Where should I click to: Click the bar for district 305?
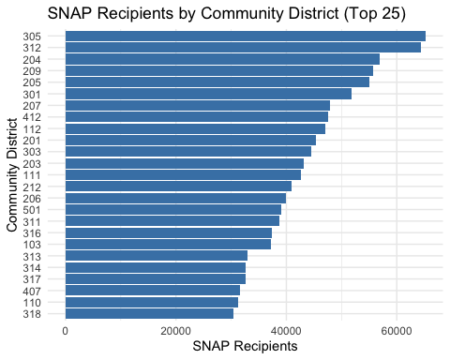coord(245,36)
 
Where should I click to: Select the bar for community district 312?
coord(243,47)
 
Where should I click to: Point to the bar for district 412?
coord(197,117)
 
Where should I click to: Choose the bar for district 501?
coord(173,209)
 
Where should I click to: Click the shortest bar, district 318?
coord(149,313)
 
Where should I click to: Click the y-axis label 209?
coord(31,70)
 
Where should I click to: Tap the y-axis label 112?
coord(31,128)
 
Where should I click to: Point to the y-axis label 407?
coord(31,291)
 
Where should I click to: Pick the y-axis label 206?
coord(31,198)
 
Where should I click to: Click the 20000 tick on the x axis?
coord(176,331)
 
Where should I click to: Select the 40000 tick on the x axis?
coord(286,331)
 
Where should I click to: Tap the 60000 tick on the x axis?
coord(397,331)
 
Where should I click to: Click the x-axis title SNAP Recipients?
coord(244,347)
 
